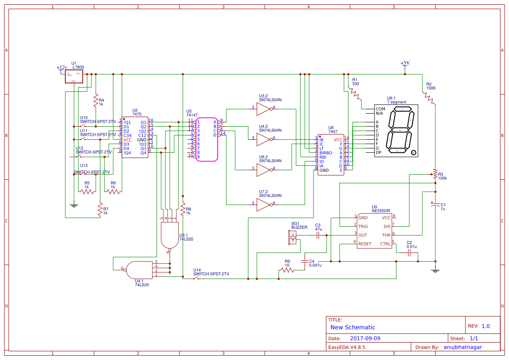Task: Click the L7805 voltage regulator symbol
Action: [74, 77]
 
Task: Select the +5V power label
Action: [405, 63]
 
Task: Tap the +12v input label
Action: [62, 67]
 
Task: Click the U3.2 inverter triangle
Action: [263, 109]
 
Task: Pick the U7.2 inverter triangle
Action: [263, 205]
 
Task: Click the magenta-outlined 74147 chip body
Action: [206, 139]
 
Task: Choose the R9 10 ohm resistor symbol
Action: [287, 270]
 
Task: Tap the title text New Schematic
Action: [353, 327]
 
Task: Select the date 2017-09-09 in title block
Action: [365, 338]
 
